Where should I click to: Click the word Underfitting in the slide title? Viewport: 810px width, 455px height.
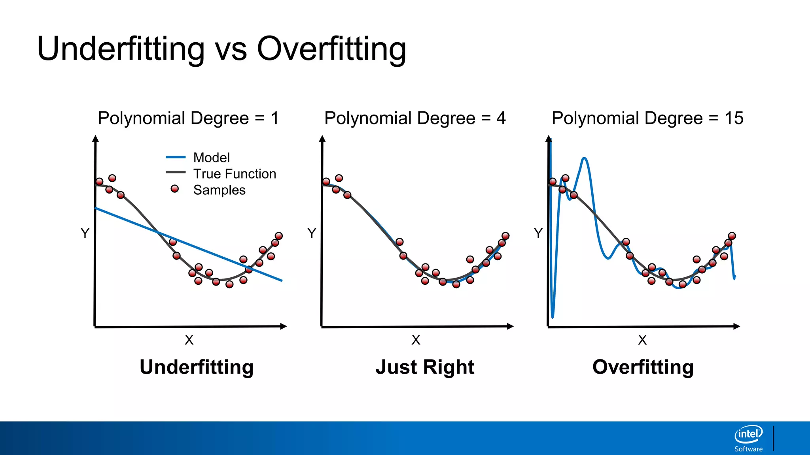[121, 49]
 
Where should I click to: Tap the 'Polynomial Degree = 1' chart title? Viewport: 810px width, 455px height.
[188, 118]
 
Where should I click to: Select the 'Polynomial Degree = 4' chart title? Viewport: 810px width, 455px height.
[415, 118]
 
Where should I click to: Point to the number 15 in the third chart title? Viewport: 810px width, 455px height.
[734, 118]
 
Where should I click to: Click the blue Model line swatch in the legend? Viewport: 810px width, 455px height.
[176, 157]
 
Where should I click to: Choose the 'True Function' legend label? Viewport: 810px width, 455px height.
[235, 174]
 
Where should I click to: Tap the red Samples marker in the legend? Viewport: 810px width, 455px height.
[174, 189]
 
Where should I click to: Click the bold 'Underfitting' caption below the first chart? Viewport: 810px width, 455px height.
[197, 367]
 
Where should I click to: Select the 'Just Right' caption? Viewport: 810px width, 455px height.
[425, 367]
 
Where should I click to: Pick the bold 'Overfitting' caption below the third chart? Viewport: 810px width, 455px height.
[643, 367]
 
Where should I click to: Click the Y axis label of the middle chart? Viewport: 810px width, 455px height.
[312, 233]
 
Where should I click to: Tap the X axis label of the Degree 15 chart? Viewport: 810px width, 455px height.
[642, 340]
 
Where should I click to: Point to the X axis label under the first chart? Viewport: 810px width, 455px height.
[189, 340]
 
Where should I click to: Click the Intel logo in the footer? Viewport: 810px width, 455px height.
[748, 434]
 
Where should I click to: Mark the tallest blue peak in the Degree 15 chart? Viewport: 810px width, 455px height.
[585, 159]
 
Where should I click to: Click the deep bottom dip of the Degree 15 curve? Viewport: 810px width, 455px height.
[553, 316]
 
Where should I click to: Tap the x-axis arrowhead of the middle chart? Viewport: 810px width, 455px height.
[510, 326]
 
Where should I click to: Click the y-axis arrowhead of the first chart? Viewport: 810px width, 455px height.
[95, 138]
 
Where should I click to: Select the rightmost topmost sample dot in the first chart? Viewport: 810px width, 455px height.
[279, 236]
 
